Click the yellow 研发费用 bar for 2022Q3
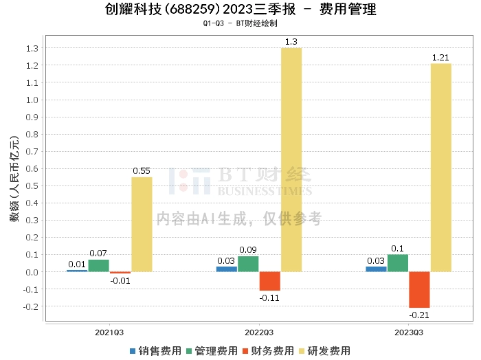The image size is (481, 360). [x=291, y=159]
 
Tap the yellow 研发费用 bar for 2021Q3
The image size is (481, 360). [x=142, y=224]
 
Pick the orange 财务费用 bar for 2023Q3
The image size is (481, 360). [x=419, y=289]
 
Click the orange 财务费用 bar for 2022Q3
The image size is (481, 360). [x=269, y=281]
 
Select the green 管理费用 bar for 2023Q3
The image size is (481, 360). [x=398, y=263]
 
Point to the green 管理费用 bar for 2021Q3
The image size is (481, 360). [x=98, y=265]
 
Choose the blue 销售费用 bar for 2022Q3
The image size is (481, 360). [x=226, y=269]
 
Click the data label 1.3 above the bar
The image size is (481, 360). [x=291, y=42]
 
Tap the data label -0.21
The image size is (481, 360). [x=418, y=315]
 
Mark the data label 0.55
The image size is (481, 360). [x=141, y=171]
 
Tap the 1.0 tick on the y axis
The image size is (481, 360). [x=32, y=100]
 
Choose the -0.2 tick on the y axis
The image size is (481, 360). [x=31, y=306]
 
